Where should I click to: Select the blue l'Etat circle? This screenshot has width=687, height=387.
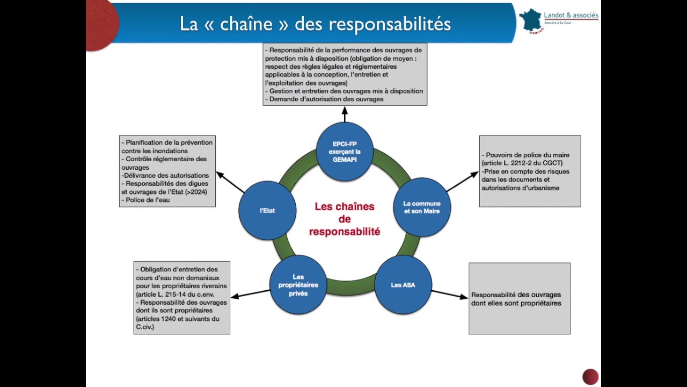tap(267, 211)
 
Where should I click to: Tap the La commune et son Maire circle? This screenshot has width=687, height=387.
tap(422, 207)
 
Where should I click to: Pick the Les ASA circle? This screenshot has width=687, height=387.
tap(403, 285)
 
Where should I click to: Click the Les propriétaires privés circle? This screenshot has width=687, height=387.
tap(298, 285)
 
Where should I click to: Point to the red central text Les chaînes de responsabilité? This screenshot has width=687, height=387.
tap(345, 219)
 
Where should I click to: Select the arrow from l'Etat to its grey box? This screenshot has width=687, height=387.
tap(230, 182)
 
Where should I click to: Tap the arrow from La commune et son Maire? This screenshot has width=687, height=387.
tap(462, 182)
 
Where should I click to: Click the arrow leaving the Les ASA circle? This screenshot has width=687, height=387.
tap(449, 294)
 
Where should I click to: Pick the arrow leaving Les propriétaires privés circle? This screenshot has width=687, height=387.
tap(250, 293)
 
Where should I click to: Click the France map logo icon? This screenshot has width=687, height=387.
tap(530, 20)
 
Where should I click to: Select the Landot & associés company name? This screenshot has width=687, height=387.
tap(571, 15)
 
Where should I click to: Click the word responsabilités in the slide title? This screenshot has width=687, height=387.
tap(389, 24)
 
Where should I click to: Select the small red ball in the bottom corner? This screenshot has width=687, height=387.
tap(590, 376)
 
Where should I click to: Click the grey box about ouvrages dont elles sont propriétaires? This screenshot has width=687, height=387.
tap(519, 298)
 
